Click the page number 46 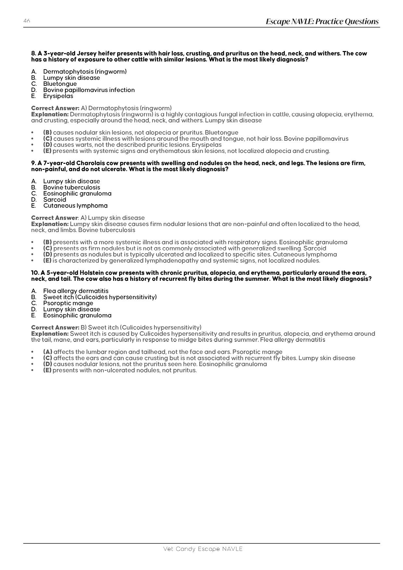[x=27, y=21]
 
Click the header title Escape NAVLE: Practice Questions [x=322, y=21]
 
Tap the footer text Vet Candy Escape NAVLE [x=203, y=549]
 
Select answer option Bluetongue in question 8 [x=60, y=84]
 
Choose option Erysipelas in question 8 [x=58, y=96]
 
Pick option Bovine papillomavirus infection [x=89, y=90]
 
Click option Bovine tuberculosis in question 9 [x=71, y=188]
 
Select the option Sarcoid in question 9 [x=55, y=200]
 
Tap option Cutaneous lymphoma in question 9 [x=75, y=206]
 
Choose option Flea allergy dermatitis [x=76, y=291]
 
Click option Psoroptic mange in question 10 [x=68, y=303]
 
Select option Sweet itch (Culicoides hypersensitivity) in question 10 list [x=100, y=297]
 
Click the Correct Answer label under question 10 [x=55, y=327]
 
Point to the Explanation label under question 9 [x=50, y=224]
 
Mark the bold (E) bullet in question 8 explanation [x=47, y=151]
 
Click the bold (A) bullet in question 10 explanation [x=47, y=352]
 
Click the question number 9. [x=33, y=163]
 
